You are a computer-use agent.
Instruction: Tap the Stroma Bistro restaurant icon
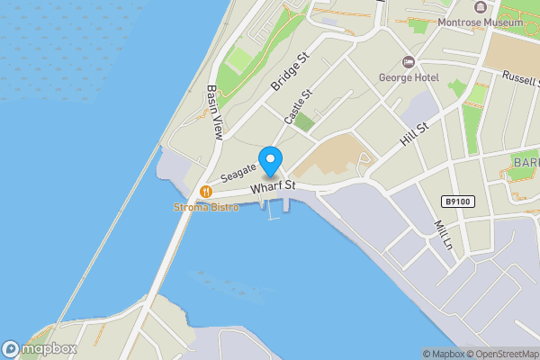[207, 191]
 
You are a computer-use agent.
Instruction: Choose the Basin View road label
[214, 112]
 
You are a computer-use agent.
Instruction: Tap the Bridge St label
[289, 71]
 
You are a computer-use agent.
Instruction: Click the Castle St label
[298, 106]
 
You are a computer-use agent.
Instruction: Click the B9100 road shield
[458, 202]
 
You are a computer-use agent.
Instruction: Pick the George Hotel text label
[409, 78]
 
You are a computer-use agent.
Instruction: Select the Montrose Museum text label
[480, 22]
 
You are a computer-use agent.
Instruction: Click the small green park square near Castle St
[304, 123]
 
